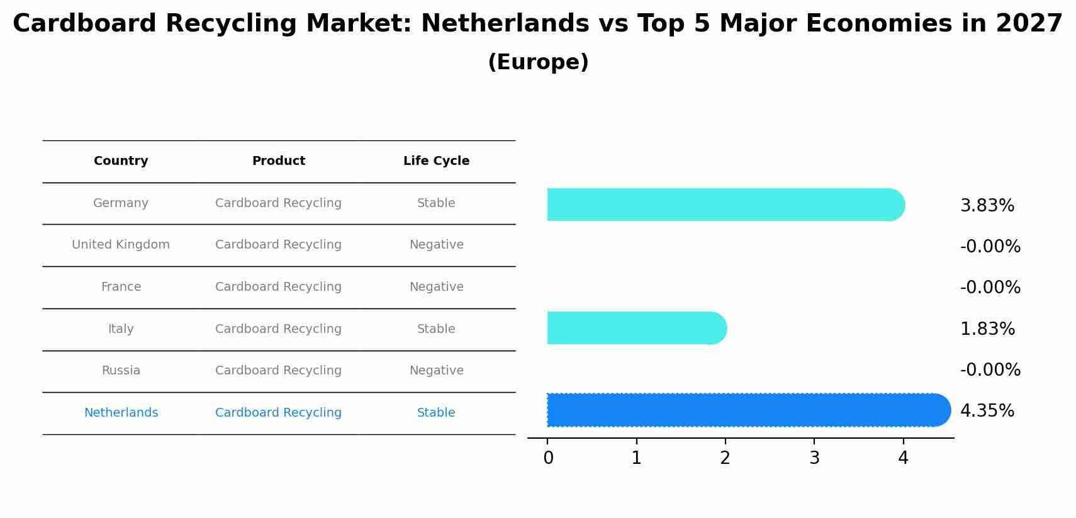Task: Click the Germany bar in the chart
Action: click(724, 205)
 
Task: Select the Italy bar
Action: click(636, 328)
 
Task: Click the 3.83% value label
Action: click(987, 206)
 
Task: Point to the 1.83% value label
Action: click(987, 329)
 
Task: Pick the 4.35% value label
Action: click(987, 411)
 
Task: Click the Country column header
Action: click(121, 161)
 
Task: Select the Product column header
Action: click(278, 161)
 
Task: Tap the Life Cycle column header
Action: click(436, 161)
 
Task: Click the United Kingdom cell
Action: click(121, 245)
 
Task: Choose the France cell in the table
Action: click(121, 287)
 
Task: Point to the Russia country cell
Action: click(121, 371)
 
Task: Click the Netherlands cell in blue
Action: click(121, 413)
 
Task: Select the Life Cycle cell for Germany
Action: click(436, 203)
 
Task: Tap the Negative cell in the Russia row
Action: click(436, 371)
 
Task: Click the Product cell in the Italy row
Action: click(278, 329)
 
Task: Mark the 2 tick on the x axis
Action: click(725, 458)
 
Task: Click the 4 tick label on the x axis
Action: click(903, 458)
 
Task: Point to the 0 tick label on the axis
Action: click(548, 458)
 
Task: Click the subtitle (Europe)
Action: click(538, 62)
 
